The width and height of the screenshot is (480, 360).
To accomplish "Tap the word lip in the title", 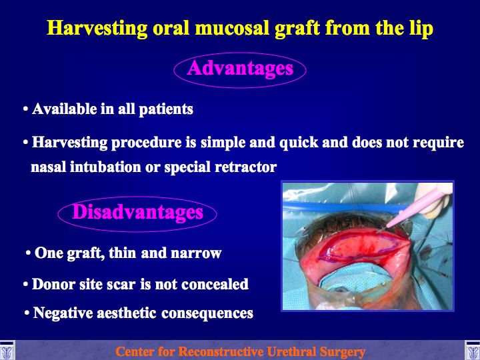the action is pyautogui.click(x=421, y=29).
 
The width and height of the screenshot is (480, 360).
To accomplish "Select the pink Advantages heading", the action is pyautogui.click(x=240, y=68).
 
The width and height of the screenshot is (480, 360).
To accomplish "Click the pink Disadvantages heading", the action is pyautogui.click(x=137, y=212).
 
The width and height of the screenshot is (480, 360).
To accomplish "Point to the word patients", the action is pyautogui.click(x=166, y=109).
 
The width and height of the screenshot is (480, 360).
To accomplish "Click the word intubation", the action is pyautogui.click(x=105, y=167).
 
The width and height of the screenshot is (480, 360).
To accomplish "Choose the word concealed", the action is pyautogui.click(x=215, y=284).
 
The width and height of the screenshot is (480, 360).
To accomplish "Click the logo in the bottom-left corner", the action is pyautogui.click(x=7, y=350).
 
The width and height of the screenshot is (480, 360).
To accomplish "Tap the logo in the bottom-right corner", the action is pyautogui.click(x=473, y=350).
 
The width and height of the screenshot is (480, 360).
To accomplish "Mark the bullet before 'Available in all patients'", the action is pyautogui.click(x=26, y=109).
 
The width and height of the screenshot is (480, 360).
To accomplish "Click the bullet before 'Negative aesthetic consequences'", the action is pyautogui.click(x=27, y=313).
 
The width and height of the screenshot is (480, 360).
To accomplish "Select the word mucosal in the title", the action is pyautogui.click(x=233, y=29).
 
